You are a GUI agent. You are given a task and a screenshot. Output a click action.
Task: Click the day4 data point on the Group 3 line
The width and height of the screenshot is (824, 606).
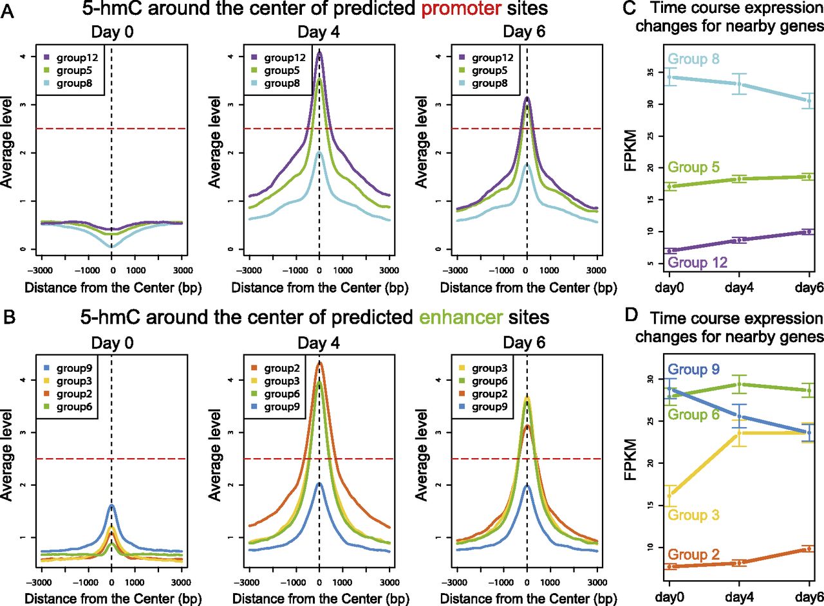tap(739, 433)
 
